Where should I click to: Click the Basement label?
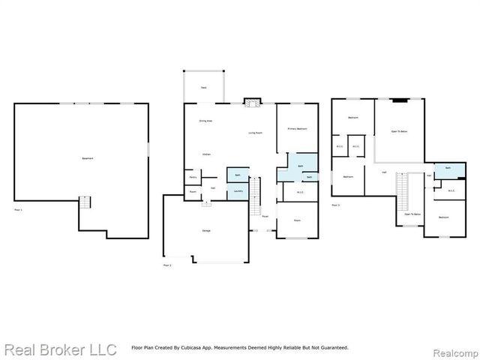pyautogui.click(x=87, y=158)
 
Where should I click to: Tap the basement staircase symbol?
pyautogui.click(x=85, y=202)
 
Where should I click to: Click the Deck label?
pyautogui.click(x=203, y=88)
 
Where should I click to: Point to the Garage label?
pyautogui.click(x=205, y=230)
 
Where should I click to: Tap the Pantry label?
pyautogui.click(x=193, y=178)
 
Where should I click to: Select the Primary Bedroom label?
pyautogui.click(x=297, y=129)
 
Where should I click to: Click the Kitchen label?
pyautogui.click(x=205, y=154)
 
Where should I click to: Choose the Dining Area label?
pyautogui.click(x=205, y=121)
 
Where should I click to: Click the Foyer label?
pyautogui.click(x=265, y=216)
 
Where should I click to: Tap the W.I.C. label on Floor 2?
pyautogui.click(x=300, y=192)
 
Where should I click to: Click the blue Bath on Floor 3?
pyautogui.click(x=447, y=168)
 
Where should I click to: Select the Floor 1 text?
pyautogui.click(x=18, y=209)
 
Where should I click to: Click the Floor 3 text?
pyautogui.click(x=335, y=204)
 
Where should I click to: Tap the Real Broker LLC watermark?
pyautogui.click(x=60, y=349)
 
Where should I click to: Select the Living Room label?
pyautogui.click(x=256, y=133)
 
